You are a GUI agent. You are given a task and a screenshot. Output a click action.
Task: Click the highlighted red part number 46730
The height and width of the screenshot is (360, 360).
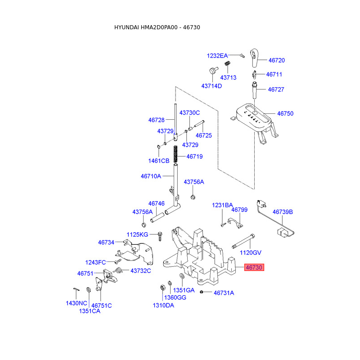tap(254, 267)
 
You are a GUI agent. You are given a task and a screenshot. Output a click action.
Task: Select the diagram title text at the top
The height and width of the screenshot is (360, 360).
tap(157, 27)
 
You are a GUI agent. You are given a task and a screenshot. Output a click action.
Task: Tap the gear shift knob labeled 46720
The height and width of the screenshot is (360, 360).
tap(254, 58)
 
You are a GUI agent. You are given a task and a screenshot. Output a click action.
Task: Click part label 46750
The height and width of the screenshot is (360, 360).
tap(285, 113)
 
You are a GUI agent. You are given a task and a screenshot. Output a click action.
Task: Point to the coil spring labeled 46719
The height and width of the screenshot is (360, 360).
tap(175, 154)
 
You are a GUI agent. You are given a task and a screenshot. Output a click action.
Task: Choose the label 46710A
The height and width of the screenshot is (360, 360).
tap(151, 176)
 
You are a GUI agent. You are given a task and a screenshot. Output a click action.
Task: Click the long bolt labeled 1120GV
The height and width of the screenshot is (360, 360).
tap(243, 241)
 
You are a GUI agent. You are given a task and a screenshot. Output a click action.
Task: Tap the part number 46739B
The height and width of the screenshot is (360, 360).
tap(283, 212)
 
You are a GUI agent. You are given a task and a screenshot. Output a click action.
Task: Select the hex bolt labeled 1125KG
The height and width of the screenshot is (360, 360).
tap(160, 236)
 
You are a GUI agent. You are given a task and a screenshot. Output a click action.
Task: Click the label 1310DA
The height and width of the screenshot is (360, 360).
tap(163, 306)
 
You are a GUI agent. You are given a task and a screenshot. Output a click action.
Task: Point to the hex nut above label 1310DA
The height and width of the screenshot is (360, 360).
tap(162, 287)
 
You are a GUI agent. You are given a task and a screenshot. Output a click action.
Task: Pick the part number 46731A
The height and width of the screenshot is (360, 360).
tap(224, 293)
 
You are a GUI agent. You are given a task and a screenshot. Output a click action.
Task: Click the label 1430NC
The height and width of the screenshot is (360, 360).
tap(76, 303)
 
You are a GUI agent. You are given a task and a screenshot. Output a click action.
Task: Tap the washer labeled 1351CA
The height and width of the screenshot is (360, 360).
tap(88, 289)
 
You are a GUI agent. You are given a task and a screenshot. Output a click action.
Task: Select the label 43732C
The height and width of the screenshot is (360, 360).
tap(141, 271)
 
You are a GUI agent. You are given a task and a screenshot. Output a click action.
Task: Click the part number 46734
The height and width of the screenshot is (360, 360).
tap(106, 242)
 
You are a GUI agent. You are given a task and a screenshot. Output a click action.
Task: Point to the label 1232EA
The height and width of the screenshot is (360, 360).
tap(217, 56)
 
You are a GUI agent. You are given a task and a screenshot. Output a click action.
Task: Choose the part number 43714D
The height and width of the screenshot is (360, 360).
tap(211, 86)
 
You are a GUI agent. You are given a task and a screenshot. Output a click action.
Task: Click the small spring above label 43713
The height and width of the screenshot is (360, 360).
tap(227, 63)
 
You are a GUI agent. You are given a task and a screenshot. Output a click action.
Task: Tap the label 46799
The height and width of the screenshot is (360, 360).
tap(239, 210)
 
